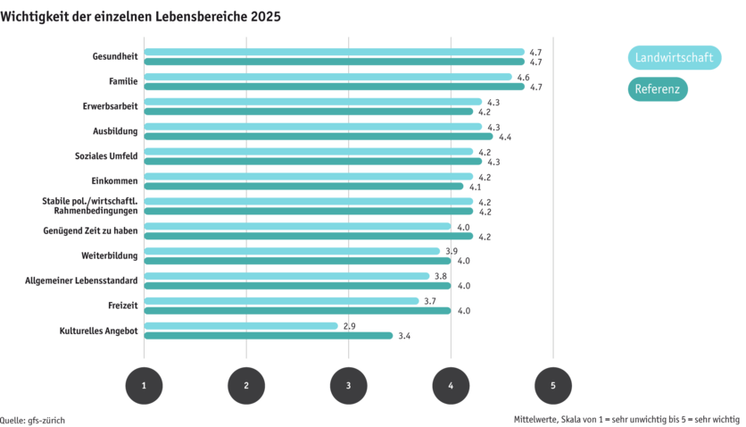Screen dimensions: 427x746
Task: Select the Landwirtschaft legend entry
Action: coord(675,58)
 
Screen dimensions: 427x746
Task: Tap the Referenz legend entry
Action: coord(658,89)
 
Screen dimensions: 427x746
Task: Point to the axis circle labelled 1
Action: coord(144,385)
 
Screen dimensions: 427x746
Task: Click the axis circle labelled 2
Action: coord(246,385)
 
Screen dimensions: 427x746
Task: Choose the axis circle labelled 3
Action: coord(348,385)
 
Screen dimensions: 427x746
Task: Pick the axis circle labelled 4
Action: coord(451,385)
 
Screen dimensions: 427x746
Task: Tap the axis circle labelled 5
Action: coord(552,385)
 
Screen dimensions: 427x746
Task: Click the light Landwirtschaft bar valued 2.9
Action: coord(241,326)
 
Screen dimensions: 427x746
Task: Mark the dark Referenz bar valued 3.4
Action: coord(268,336)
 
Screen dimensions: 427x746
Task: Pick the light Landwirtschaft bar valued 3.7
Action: coord(281,301)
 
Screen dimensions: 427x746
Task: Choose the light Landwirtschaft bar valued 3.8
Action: coord(286,276)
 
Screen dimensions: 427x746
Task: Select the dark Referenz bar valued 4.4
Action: coord(318,137)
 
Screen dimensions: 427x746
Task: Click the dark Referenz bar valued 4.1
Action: coord(303,186)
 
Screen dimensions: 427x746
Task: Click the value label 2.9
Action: coord(351,326)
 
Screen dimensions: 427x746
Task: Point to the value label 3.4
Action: coord(404,336)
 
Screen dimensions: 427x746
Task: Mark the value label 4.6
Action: coord(524,77)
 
